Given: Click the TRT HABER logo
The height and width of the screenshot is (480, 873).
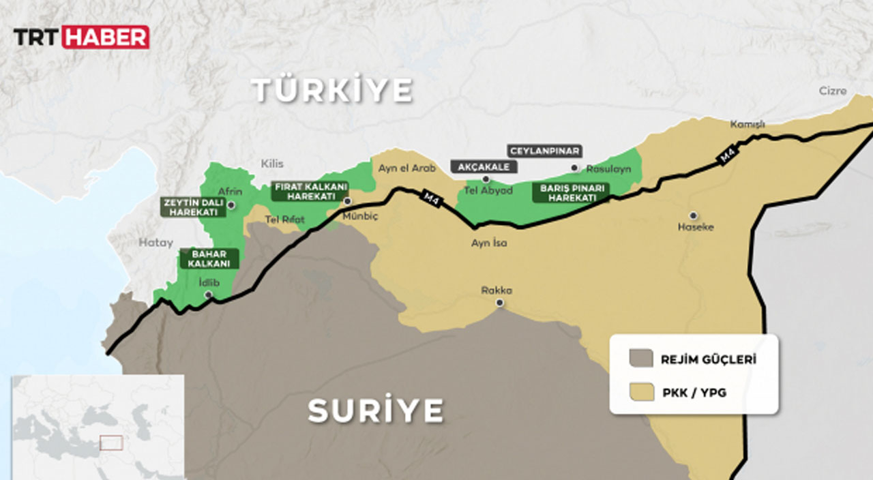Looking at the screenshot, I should point(81,37).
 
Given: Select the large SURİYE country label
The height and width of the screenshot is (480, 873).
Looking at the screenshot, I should point(376,410).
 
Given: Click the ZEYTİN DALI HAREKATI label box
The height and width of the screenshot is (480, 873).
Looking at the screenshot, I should point(193,207).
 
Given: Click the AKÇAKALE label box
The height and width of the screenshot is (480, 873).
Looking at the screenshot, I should point(484,166).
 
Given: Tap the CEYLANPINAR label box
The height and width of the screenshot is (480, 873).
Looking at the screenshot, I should point(543,151).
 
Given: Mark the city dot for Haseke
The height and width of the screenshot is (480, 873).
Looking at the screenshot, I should point(693,215).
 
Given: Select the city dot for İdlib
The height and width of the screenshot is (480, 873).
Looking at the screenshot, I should point(209,295).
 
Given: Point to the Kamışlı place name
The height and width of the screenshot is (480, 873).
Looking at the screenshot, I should point(748,125).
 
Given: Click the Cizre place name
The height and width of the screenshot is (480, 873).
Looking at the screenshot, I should point(833,91).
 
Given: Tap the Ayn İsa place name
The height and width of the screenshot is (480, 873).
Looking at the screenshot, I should point(489,243).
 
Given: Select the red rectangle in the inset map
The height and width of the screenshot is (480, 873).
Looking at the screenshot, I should point(111,442).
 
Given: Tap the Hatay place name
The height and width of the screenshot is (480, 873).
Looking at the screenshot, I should point(156,242).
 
